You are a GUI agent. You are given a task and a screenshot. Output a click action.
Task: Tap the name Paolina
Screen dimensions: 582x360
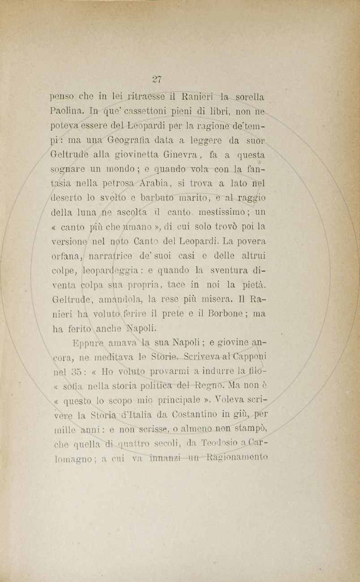click(66, 110)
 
